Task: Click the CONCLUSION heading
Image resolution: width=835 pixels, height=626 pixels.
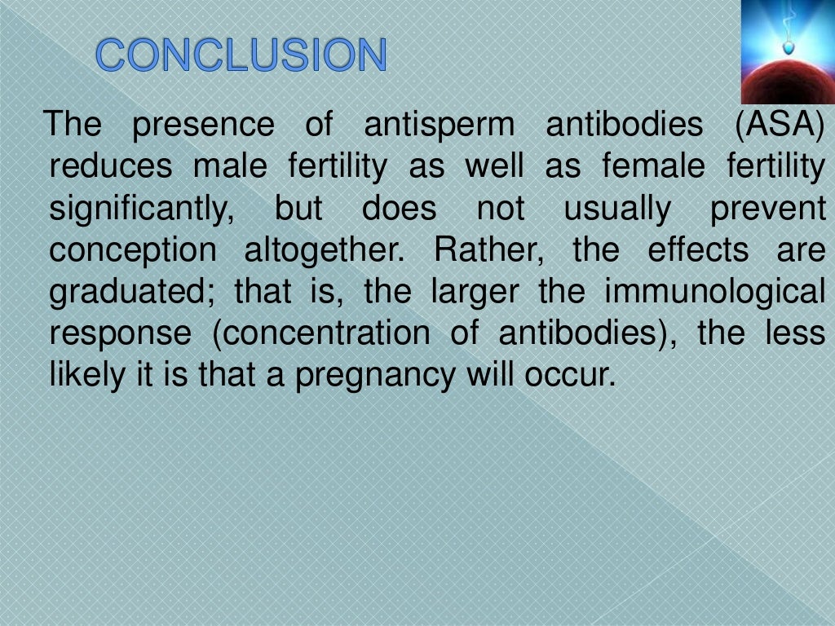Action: click(241, 55)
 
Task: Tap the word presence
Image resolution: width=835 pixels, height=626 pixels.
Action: click(204, 126)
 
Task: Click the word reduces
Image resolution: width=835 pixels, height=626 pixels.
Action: click(111, 167)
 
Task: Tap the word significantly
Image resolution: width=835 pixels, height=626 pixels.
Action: click(141, 209)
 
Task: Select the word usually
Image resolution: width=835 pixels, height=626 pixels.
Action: click(616, 209)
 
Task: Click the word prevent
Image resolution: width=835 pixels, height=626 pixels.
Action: click(767, 209)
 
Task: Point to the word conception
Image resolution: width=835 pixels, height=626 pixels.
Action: click(133, 251)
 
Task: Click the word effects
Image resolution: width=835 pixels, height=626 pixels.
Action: click(697, 251)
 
